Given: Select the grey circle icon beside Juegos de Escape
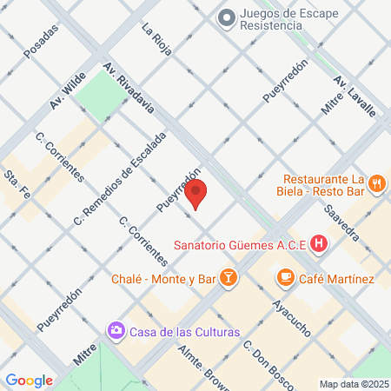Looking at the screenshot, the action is point(227,17).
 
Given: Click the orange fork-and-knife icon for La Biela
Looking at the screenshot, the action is point(376,183).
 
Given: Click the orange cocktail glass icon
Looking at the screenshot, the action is point(228,278).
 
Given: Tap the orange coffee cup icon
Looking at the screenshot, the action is point(284,278).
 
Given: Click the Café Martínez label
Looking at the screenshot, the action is point(336,279).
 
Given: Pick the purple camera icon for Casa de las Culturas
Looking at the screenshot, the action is point(116,331).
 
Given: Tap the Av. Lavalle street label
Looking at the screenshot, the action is point(355,96).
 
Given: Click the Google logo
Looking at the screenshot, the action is point(29,380).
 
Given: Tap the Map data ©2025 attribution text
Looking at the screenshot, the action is point(353,384).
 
